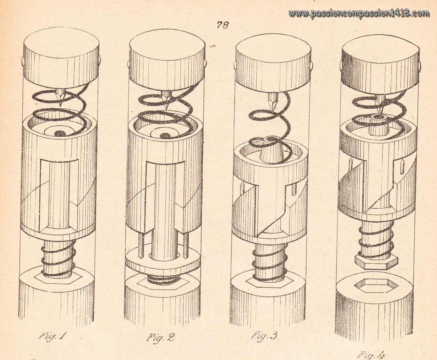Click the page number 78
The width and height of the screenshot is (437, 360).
coord(223,25)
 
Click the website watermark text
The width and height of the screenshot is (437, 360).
coord(358,13)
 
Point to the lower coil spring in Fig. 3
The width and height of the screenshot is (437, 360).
coord(270,262)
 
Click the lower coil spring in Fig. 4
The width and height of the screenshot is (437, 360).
coord(376,239)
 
